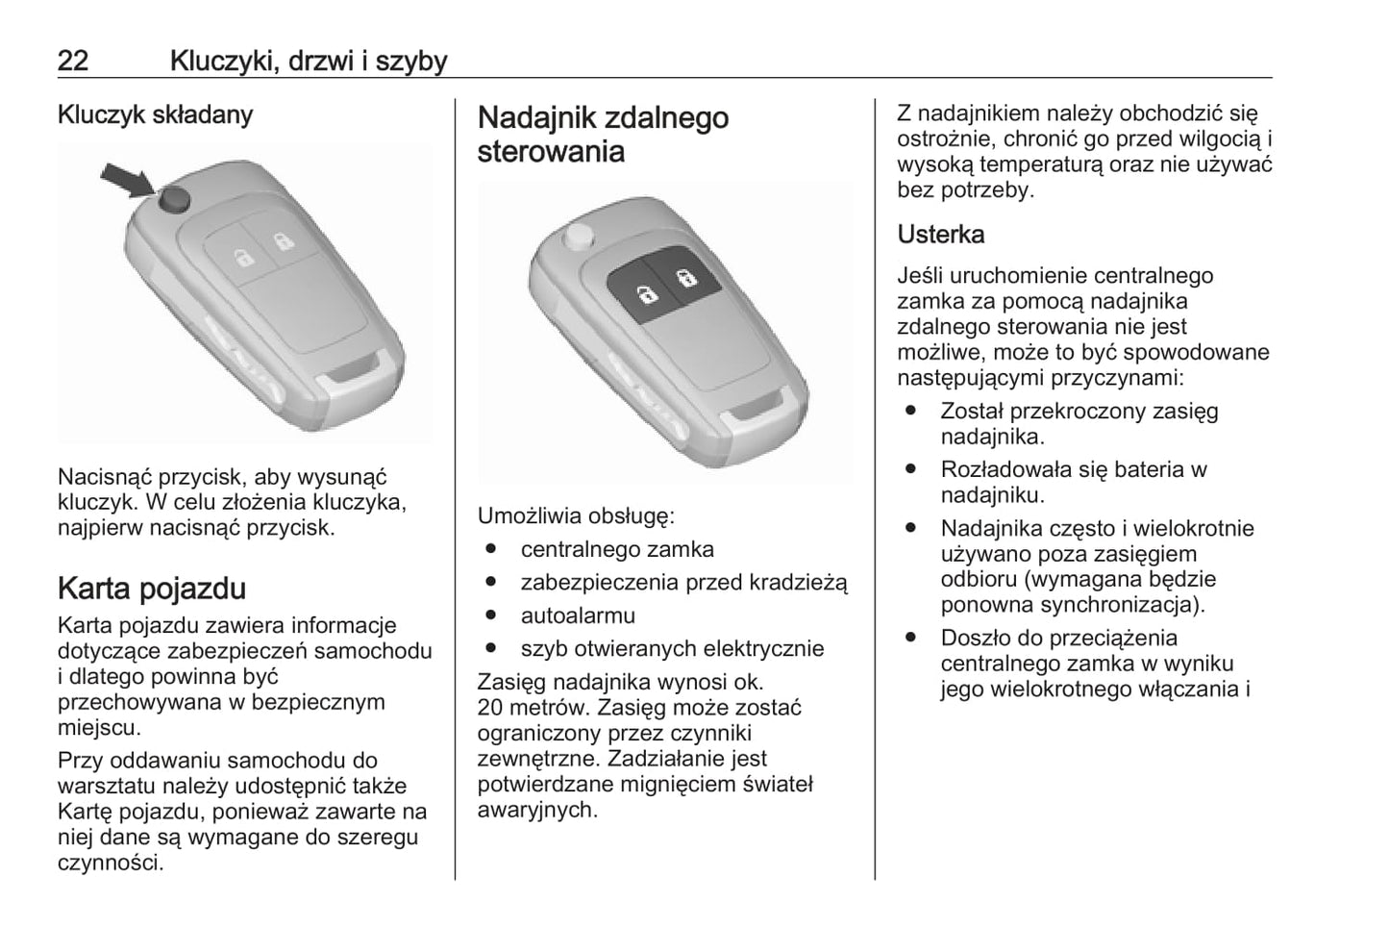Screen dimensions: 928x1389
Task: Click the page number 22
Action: [73, 61]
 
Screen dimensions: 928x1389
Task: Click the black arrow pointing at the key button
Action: [127, 179]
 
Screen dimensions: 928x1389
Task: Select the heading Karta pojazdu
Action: [151, 588]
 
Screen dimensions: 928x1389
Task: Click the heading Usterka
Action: [940, 234]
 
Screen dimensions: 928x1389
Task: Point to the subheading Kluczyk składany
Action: [155, 114]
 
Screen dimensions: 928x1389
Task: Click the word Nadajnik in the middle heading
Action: [537, 118]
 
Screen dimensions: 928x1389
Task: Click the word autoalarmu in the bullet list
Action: [578, 615]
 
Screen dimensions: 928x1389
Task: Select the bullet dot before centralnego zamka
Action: [491, 550]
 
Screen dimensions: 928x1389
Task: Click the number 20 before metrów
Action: [491, 708]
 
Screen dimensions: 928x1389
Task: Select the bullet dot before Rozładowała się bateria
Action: [910, 469]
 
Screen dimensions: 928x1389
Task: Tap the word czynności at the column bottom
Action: [111, 862]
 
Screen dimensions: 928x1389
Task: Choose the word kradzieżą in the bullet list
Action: [798, 583]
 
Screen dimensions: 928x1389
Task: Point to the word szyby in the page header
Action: [411, 62]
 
